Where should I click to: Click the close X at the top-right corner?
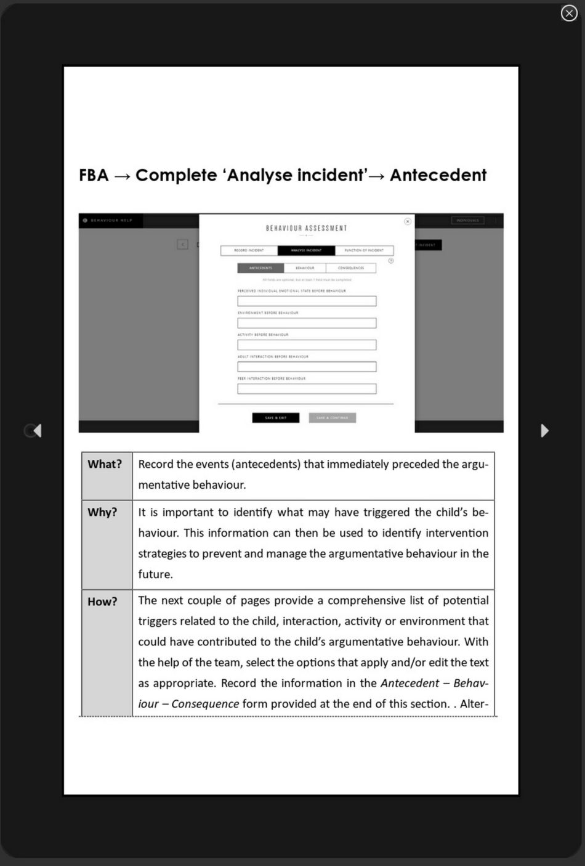pos(569,13)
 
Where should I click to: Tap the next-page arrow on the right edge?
pos(544,430)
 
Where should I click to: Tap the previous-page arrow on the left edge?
pos(36,430)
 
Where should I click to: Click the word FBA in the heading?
pos(94,176)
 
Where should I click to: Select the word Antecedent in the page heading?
pos(438,176)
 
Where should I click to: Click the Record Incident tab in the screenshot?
pos(249,250)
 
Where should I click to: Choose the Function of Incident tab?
pos(364,250)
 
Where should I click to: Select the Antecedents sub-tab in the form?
pos(260,268)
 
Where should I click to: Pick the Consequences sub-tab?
pos(351,268)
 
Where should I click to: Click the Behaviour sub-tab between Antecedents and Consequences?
pos(305,268)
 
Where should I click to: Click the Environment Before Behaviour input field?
pos(307,323)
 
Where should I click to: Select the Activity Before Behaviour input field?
pos(307,345)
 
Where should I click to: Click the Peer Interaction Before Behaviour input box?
pos(307,389)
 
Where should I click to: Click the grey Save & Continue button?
pos(333,418)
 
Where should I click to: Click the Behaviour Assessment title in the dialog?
pos(307,228)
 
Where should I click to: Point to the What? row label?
pos(105,464)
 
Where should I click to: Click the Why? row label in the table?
pos(102,512)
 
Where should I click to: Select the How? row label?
pos(102,602)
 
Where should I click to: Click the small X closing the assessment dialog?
pos(407,221)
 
